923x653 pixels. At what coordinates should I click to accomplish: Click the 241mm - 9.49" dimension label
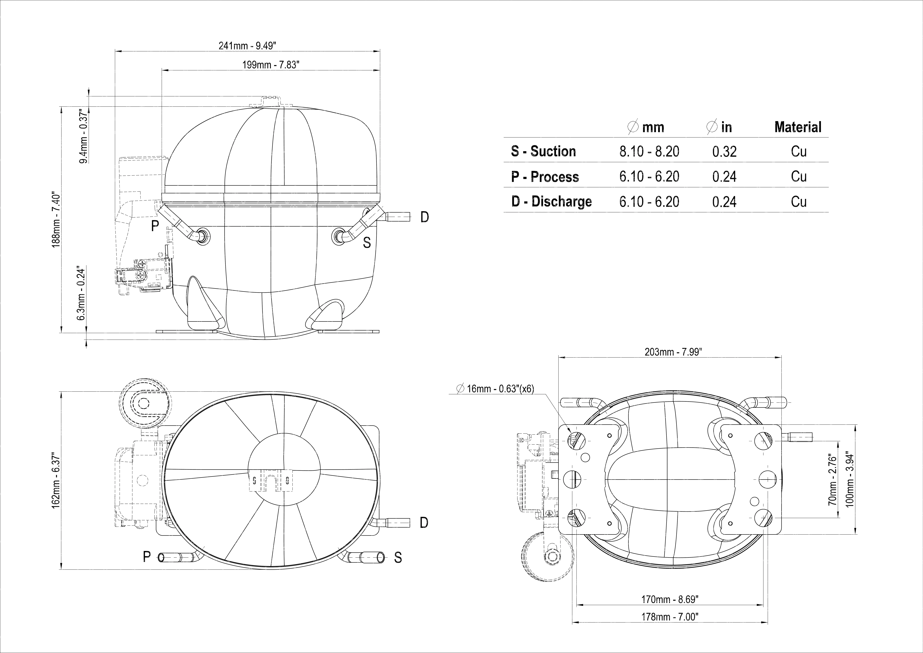coord(247,46)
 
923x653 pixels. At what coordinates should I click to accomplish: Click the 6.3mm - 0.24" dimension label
coord(82,293)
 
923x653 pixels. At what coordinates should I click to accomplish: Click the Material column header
coord(798,127)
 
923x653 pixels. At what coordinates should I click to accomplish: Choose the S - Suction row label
coord(544,151)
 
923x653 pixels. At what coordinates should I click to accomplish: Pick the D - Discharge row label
coord(552,201)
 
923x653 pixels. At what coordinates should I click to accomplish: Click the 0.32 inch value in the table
coord(724,152)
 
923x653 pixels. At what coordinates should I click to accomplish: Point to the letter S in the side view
coord(367,243)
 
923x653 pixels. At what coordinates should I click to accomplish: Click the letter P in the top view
coord(147,556)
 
